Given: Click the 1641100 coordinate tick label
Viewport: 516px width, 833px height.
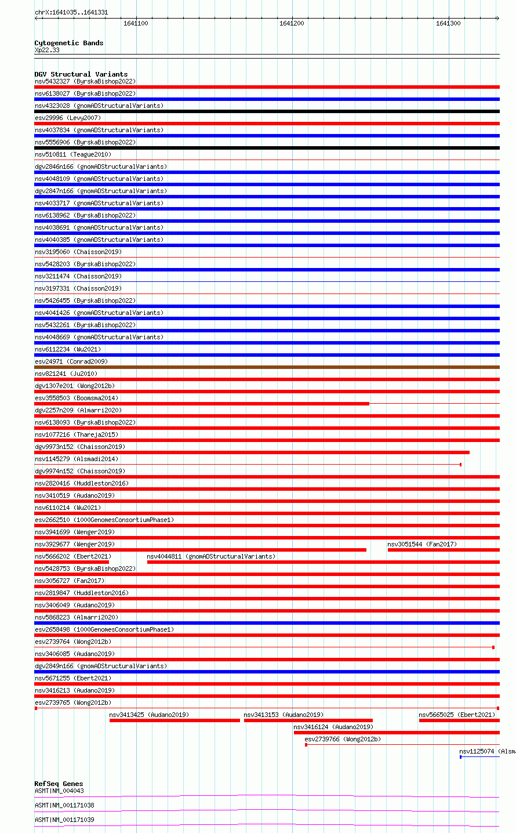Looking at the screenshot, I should [136, 23].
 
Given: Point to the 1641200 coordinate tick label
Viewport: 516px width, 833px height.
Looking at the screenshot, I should [292, 23].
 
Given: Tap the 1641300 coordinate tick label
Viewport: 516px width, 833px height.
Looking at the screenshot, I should [448, 23].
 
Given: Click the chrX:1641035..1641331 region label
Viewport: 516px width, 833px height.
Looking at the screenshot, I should [71, 12].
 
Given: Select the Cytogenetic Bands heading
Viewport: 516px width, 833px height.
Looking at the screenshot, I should [69, 43].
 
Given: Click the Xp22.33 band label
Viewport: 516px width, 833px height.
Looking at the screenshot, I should [47, 50].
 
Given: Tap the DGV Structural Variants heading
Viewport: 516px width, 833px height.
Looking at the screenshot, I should [81, 74].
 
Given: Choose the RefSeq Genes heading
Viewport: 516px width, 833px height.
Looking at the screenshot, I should [59, 784].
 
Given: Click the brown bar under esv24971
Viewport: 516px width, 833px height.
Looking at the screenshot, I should [267, 367].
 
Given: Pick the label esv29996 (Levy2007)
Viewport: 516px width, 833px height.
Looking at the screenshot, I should [68, 118].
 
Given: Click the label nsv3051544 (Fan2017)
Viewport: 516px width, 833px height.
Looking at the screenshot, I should [422, 544].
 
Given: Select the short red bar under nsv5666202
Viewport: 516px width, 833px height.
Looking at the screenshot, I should [71, 562].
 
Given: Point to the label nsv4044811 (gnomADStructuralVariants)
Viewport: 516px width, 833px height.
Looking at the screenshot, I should [211, 556].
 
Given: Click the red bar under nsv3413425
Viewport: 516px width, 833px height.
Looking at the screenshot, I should [175, 720].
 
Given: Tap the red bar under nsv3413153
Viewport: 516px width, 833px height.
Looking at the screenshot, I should [308, 720].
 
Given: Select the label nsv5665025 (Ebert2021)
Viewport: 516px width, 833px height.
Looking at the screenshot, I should [457, 715].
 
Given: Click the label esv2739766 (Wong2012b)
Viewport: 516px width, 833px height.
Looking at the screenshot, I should [343, 739].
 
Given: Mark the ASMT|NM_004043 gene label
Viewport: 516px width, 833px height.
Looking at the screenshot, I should [59, 791].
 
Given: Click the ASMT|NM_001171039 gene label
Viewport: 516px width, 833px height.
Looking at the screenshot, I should [64, 820].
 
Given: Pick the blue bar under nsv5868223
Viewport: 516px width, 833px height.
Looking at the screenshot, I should [267, 623].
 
